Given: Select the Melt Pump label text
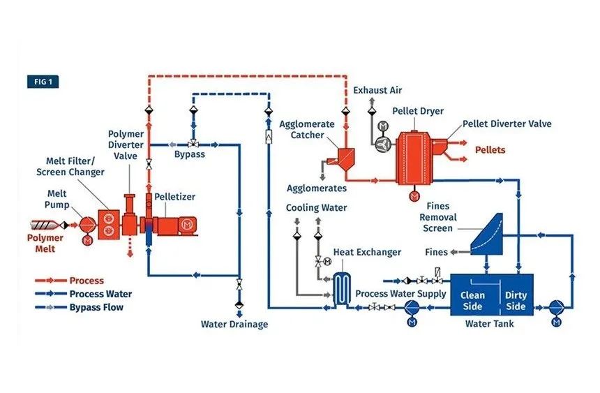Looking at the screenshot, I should [x=56, y=198].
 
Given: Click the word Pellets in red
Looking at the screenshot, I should [x=490, y=149].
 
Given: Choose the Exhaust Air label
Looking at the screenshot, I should [x=377, y=91].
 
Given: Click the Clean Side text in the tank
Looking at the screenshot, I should [x=472, y=301].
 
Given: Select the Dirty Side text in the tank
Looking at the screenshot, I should [x=516, y=301].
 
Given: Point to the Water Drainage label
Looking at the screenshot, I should [x=234, y=324].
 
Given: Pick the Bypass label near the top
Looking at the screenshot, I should [x=190, y=154].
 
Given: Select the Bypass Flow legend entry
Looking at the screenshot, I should [x=97, y=307].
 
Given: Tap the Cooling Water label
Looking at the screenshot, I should [x=316, y=208].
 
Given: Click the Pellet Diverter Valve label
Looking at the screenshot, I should [x=507, y=124].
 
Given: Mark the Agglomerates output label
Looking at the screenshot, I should [x=317, y=188].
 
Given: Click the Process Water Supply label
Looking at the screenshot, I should [x=400, y=294].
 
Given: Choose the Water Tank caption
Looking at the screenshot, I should [x=489, y=324].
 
